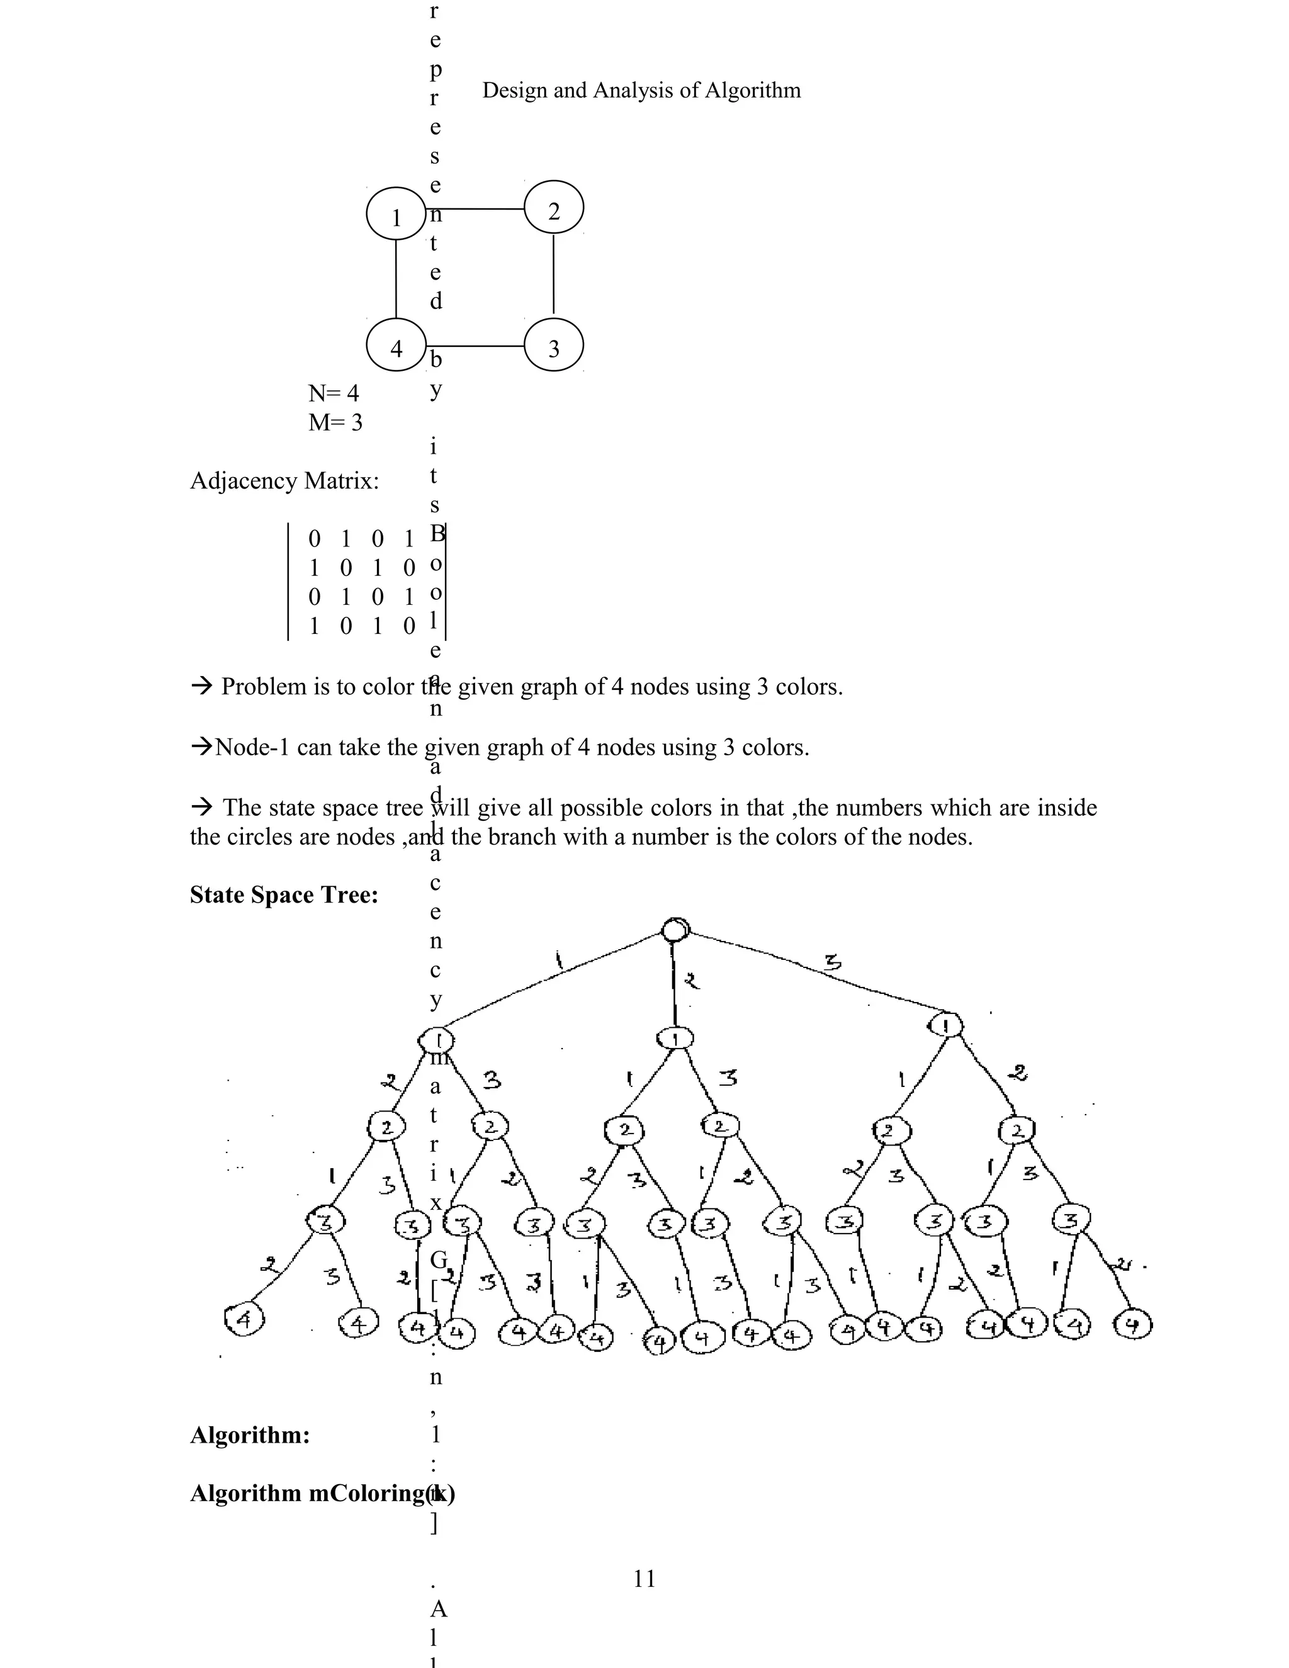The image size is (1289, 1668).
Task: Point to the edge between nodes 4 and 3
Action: [475, 346]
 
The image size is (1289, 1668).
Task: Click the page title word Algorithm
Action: [752, 90]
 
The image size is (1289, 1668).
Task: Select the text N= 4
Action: [333, 393]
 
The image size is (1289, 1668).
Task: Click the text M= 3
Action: [335, 422]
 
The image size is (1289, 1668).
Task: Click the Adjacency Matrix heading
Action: [284, 481]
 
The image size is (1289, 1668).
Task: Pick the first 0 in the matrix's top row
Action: [315, 539]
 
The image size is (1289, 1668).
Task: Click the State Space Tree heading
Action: [284, 894]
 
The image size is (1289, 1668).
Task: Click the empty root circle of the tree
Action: [675, 930]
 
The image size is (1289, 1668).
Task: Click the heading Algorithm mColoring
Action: [321, 1492]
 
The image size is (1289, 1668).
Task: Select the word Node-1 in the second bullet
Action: [252, 747]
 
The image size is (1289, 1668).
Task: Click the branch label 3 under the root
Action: [833, 964]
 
